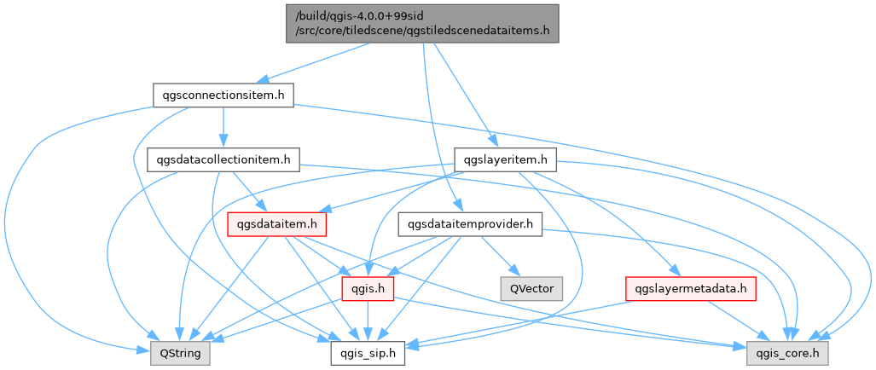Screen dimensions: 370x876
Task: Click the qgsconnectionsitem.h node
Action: tap(223, 95)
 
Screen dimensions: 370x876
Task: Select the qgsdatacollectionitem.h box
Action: tap(223, 159)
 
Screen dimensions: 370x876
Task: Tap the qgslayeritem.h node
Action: tap(506, 159)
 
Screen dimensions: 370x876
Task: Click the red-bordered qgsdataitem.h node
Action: tap(277, 224)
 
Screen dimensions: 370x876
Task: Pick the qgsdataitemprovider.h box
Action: tap(470, 224)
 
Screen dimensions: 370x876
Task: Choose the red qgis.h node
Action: tap(366, 289)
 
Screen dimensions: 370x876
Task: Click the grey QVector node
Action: tap(531, 289)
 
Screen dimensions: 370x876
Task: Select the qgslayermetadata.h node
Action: tap(691, 289)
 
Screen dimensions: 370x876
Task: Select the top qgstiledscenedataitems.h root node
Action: tap(422, 24)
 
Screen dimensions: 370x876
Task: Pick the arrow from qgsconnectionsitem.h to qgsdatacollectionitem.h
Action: tap(223, 128)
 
